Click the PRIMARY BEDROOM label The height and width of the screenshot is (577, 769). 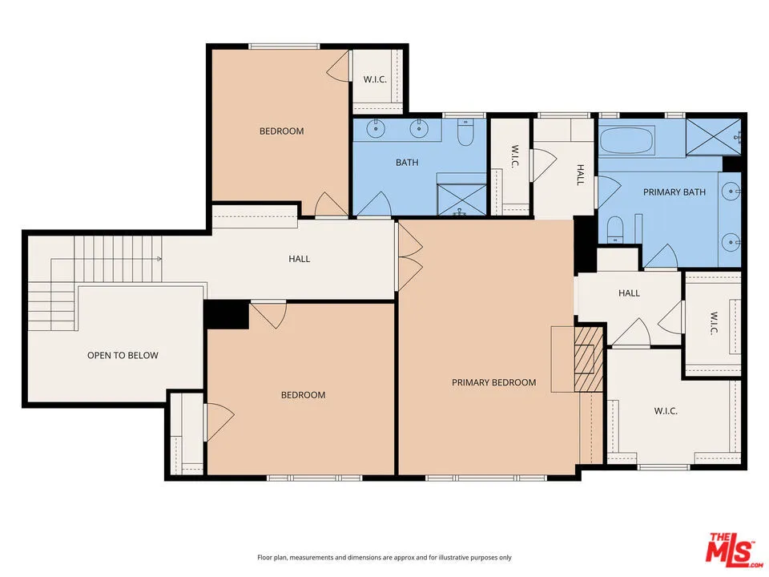(x=493, y=382)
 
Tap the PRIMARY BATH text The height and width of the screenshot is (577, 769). (x=674, y=192)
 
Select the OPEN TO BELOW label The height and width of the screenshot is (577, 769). (x=123, y=355)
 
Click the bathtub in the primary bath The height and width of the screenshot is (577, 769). (x=627, y=142)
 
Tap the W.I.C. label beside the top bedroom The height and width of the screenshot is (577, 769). (x=376, y=79)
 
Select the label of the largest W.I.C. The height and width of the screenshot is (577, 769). (x=666, y=410)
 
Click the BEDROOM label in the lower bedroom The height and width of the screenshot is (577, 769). (x=303, y=394)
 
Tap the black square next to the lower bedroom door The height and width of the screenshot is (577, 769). (x=227, y=314)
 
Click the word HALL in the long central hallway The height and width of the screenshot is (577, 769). (x=299, y=259)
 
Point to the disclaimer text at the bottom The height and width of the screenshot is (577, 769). (x=384, y=557)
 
